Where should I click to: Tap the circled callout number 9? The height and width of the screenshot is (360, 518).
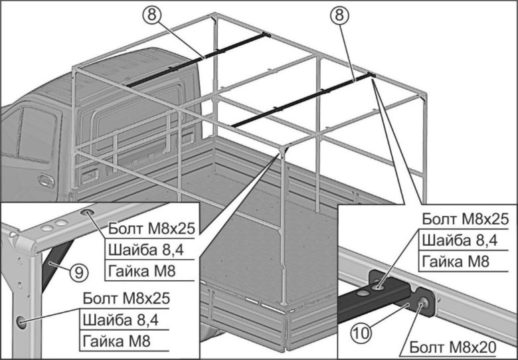tap(78, 271)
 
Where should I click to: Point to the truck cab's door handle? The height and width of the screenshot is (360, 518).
tap(45, 180)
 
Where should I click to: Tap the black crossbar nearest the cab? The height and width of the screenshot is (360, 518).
tap(199, 58)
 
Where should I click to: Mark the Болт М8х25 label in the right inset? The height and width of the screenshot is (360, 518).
tap(465, 219)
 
